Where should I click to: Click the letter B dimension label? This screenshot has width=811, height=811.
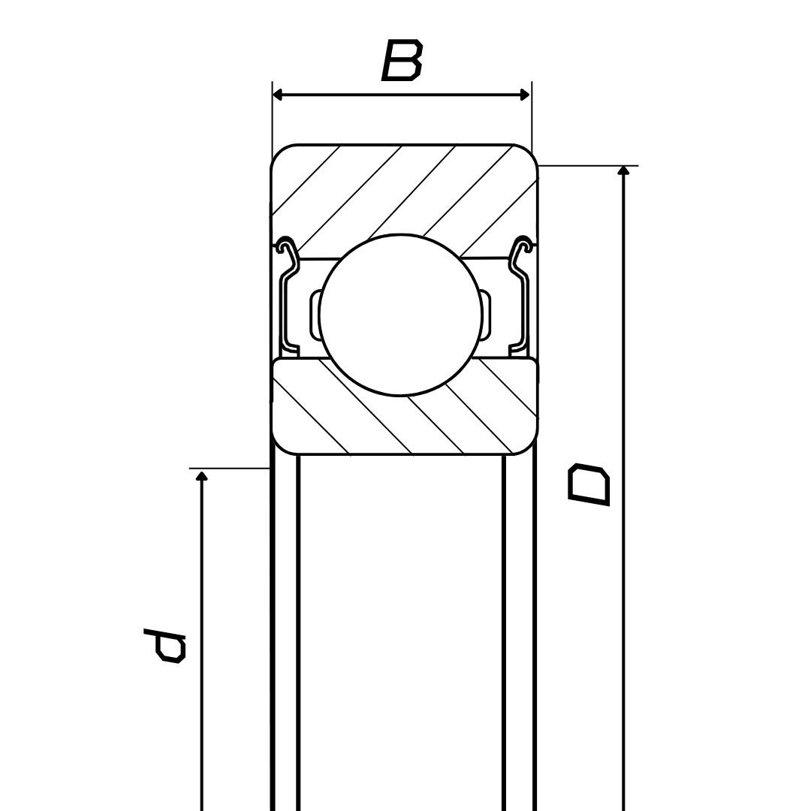(402, 61)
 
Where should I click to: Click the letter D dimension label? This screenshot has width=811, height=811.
(589, 485)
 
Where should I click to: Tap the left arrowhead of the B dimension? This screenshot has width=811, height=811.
(278, 95)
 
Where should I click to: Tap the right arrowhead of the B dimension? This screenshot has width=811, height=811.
(525, 95)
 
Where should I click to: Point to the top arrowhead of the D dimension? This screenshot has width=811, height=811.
(623, 170)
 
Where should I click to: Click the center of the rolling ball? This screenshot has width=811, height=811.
(400, 314)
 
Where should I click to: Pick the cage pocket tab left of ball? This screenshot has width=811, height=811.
(315, 315)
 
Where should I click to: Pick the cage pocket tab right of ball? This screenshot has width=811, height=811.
(486, 315)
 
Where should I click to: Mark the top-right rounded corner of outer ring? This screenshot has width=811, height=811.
(528, 153)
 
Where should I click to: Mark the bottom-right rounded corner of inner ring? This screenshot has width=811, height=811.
(528, 446)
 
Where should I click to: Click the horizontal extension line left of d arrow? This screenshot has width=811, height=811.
(229, 468)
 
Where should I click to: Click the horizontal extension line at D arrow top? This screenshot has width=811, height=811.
(589, 165)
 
